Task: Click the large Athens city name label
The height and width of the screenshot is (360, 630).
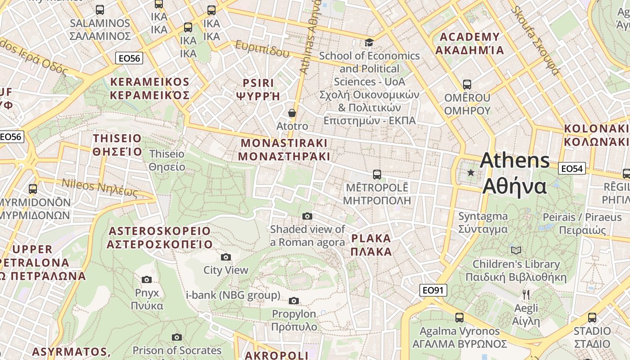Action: tap(515, 173)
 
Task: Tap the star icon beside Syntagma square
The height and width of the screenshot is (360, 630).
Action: tap(471, 172)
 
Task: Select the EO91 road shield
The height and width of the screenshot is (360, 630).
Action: tap(433, 290)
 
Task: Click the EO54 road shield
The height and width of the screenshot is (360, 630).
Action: tap(572, 169)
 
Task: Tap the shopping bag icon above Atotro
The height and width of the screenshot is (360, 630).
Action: tap(292, 112)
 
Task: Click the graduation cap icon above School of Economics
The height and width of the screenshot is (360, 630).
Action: tap(369, 42)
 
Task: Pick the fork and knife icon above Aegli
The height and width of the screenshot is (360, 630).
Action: tap(526, 295)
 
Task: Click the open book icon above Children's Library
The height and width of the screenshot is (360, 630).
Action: tap(516, 250)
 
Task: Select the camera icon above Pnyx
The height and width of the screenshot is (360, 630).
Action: tap(147, 279)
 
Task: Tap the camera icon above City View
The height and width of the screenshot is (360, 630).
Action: tap(226, 257)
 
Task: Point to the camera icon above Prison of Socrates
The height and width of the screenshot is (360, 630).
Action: tap(177, 337)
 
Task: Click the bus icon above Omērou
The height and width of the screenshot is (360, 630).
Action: tap(467, 84)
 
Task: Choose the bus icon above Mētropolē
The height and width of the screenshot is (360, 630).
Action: tap(377, 174)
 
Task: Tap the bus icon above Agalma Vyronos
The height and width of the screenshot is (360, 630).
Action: tap(459, 318)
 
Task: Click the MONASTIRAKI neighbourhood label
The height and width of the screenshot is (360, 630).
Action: tap(284, 150)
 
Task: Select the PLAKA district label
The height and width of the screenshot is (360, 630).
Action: tap(371, 245)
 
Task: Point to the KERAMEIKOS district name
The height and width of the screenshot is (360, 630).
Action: tap(150, 89)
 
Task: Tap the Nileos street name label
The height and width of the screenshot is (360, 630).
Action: tap(99, 188)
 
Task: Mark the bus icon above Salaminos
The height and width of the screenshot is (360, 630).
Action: tap(100, 9)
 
